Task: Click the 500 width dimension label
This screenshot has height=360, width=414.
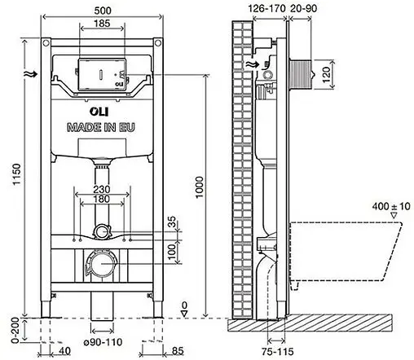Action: (x=103, y=11)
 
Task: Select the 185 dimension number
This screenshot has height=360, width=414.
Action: (x=102, y=24)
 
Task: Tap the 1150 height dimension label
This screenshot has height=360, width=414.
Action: (x=16, y=174)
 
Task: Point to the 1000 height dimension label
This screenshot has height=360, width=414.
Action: (x=200, y=187)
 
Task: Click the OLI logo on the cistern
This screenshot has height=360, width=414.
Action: (x=99, y=112)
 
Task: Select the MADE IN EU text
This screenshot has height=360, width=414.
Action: (x=101, y=127)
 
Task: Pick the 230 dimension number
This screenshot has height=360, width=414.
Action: (x=102, y=189)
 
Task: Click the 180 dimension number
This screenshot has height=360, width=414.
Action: (x=102, y=199)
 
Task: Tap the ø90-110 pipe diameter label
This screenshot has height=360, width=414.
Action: (x=103, y=342)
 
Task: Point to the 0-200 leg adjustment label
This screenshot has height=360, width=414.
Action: (x=16, y=330)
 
